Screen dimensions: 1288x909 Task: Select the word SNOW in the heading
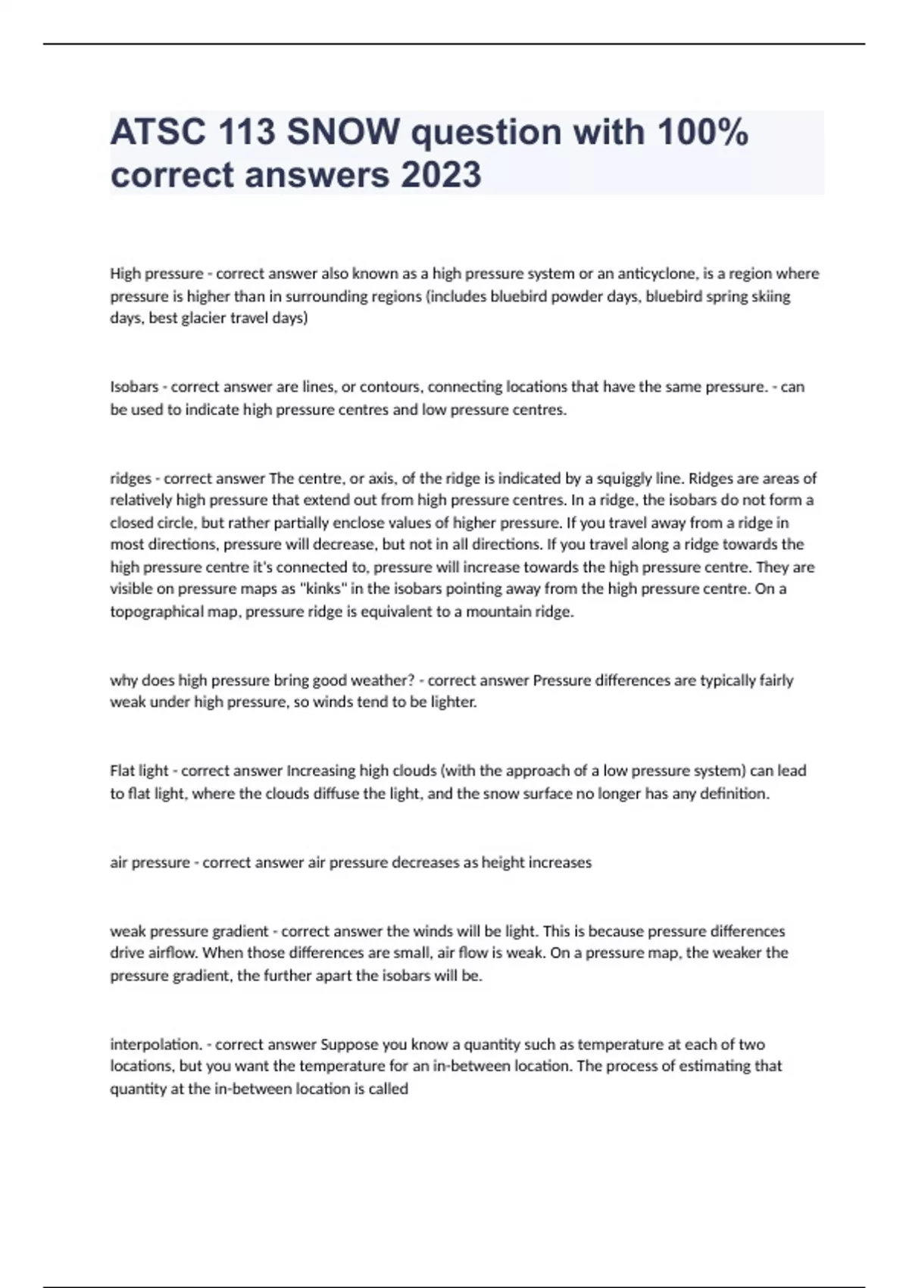coord(343,133)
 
